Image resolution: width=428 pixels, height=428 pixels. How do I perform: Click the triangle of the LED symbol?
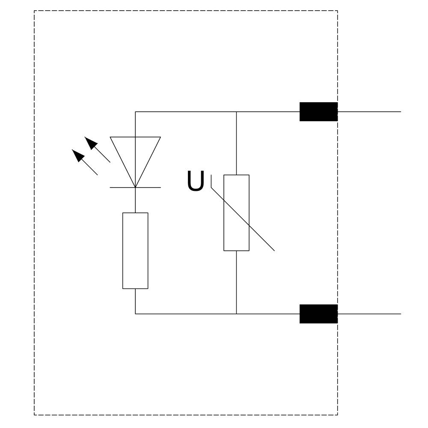[x=135, y=158]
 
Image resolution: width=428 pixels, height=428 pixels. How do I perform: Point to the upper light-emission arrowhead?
[x=91, y=143]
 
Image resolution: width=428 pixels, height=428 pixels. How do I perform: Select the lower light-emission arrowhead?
[x=78, y=155]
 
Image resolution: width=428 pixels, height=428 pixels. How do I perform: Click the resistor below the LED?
[x=135, y=250]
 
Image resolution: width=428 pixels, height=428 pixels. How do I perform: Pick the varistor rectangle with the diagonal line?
[x=236, y=212]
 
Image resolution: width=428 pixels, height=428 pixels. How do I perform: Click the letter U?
[x=196, y=181]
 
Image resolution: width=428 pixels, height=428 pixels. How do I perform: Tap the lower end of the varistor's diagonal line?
[x=274, y=250]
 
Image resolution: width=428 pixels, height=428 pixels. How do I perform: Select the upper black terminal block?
[x=318, y=112]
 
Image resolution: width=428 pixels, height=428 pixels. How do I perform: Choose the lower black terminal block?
[x=318, y=314]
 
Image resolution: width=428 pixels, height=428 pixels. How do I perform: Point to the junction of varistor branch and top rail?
[x=236, y=112]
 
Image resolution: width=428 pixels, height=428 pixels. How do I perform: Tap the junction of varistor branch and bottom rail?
[x=236, y=314]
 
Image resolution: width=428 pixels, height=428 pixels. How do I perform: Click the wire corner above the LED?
[x=135, y=112]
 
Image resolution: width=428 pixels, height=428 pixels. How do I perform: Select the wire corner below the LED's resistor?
[x=135, y=314]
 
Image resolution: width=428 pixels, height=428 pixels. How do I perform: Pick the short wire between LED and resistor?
[x=135, y=200]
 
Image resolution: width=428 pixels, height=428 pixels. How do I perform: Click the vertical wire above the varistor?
[x=236, y=143]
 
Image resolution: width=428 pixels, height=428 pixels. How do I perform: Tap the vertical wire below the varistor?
[x=236, y=282]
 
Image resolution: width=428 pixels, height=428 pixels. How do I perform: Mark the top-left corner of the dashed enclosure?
[x=34, y=11]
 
